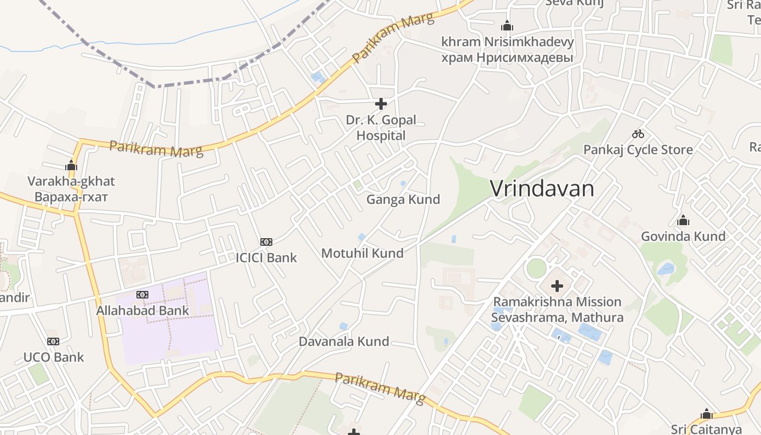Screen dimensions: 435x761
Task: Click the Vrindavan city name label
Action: pyautogui.click(x=542, y=189)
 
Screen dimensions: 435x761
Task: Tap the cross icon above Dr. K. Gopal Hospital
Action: pyautogui.click(x=381, y=103)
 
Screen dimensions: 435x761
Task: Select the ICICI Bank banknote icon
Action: pyautogui.click(x=266, y=241)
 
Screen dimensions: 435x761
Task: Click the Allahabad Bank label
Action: pyautogui.click(x=142, y=310)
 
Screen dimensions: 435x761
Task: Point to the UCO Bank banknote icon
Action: pyautogui.click(x=53, y=341)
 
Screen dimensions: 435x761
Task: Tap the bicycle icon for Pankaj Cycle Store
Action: pyautogui.click(x=638, y=134)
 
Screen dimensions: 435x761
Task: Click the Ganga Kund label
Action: pyautogui.click(x=403, y=200)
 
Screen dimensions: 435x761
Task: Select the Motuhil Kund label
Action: pyautogui.click(x=362, y=253)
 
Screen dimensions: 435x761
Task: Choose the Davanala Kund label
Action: pyautogui.click(x=344, y=341)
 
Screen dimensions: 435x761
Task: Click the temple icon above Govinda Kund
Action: pyautogui.click(x=683, y=220)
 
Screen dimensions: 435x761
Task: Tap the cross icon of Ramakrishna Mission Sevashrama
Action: pyautogui.click(x=557, y=285)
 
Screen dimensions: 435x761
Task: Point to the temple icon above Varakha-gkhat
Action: pyautogui.click(x=71, y=165)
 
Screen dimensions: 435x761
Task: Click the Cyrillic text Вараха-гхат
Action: pyautogui.click(x=71, y=196)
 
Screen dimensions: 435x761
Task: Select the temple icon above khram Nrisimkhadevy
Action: pyautogui.click(x=507, y=26)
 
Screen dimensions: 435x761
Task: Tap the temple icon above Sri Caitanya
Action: pyautogui.click(x=706, y=414)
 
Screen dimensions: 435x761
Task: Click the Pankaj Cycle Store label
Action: pyautogui.click(x=638, y=150)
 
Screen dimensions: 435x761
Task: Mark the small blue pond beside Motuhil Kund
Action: pyautogui.click(x=361, y=237)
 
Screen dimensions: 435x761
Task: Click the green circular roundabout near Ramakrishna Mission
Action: pyautogui.click(x=536, y=268)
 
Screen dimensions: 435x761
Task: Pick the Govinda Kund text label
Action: pyautogui.click(x=683, y=236)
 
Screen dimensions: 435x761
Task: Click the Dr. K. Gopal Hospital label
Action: pyautogui.click(x=381, y=127)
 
